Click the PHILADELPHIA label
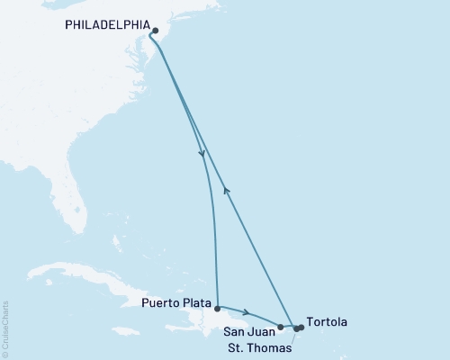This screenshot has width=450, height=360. coord(106,26)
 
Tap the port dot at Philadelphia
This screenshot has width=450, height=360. coord(155,31)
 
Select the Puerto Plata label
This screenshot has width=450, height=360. coord(176,303)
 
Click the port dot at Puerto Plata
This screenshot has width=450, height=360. coord(217,308)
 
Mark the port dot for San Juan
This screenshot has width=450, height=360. coord(281,328)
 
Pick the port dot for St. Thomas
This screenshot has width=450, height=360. coord(296,329)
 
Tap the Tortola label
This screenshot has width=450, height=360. coord(326,321)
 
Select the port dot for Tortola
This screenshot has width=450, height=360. coord(301,328)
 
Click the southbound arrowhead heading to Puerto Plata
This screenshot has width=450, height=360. coord(202,154)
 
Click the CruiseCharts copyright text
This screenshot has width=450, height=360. coord(5,328)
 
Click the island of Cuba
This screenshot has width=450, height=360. coord(81,274)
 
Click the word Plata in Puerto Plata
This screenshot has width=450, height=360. coord(195,303)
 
